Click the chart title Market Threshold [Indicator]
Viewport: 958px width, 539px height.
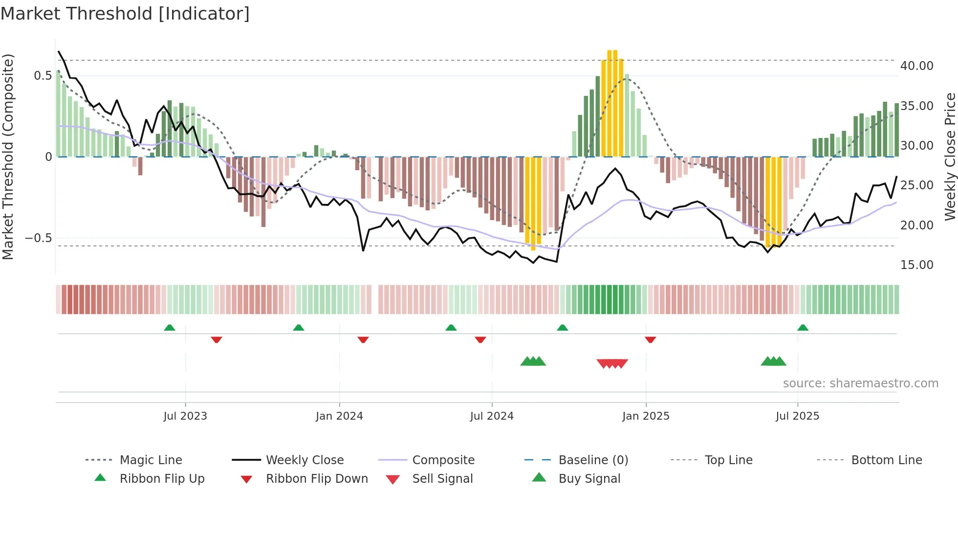pos(125,14)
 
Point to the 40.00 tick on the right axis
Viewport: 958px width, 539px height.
pos(916,66)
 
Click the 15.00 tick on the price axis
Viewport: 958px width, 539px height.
pos(916,265)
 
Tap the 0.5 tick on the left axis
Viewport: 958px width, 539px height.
pos(43,76)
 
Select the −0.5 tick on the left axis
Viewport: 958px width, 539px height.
pos(38,238)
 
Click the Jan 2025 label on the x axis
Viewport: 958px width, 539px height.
pos(646,416)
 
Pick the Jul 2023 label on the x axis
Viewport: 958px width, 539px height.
pos(185,416)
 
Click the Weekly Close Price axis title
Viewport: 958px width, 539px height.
pos(950,157)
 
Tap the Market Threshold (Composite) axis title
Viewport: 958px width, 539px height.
pos(8,157)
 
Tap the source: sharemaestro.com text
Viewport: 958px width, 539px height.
pos(860,383)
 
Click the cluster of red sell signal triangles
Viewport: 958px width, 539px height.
pos(612,363)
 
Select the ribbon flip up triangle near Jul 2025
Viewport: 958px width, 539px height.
pos(803,328)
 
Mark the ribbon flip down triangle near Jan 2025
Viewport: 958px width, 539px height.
pos(650,339)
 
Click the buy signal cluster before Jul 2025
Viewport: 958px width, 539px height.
pos(773,361)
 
